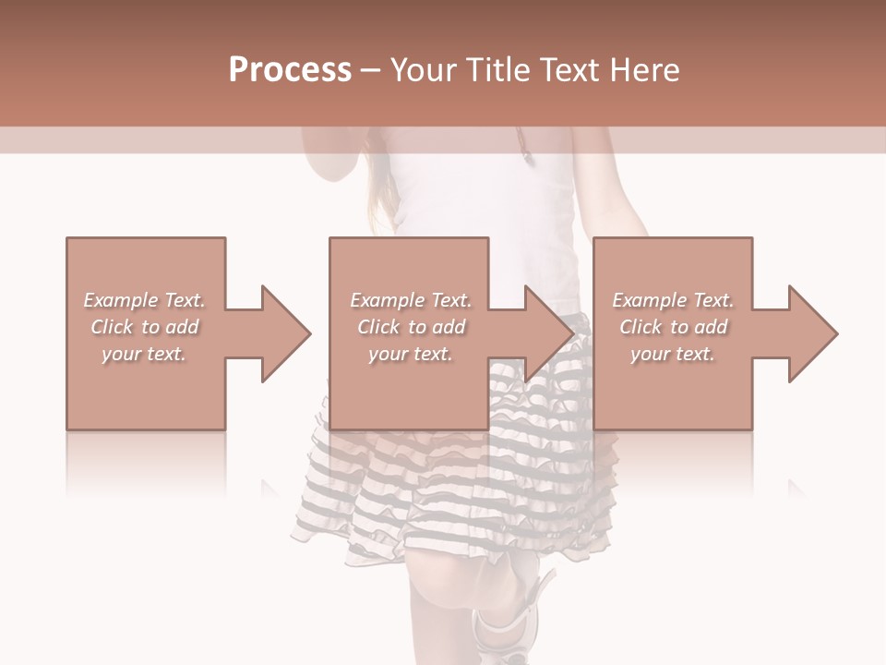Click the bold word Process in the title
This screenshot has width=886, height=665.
(290, 70)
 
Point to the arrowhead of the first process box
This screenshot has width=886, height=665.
(286, 333)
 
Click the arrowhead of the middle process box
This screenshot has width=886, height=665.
(550, 333)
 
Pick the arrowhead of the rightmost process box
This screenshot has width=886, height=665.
(813, 333)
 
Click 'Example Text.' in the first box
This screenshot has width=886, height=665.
(144, 300)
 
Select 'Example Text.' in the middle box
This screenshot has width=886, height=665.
(411, 300)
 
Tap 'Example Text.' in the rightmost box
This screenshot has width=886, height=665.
(673, 300)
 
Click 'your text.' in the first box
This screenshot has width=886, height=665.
(144, 354)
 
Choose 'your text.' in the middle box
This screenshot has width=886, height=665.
(411, 354)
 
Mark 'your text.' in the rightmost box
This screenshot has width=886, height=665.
(673, 354)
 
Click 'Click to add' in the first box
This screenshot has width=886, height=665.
(144, 327)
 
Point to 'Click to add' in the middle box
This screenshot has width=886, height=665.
(411, 327)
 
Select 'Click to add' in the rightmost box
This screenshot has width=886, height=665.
(673, 327)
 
